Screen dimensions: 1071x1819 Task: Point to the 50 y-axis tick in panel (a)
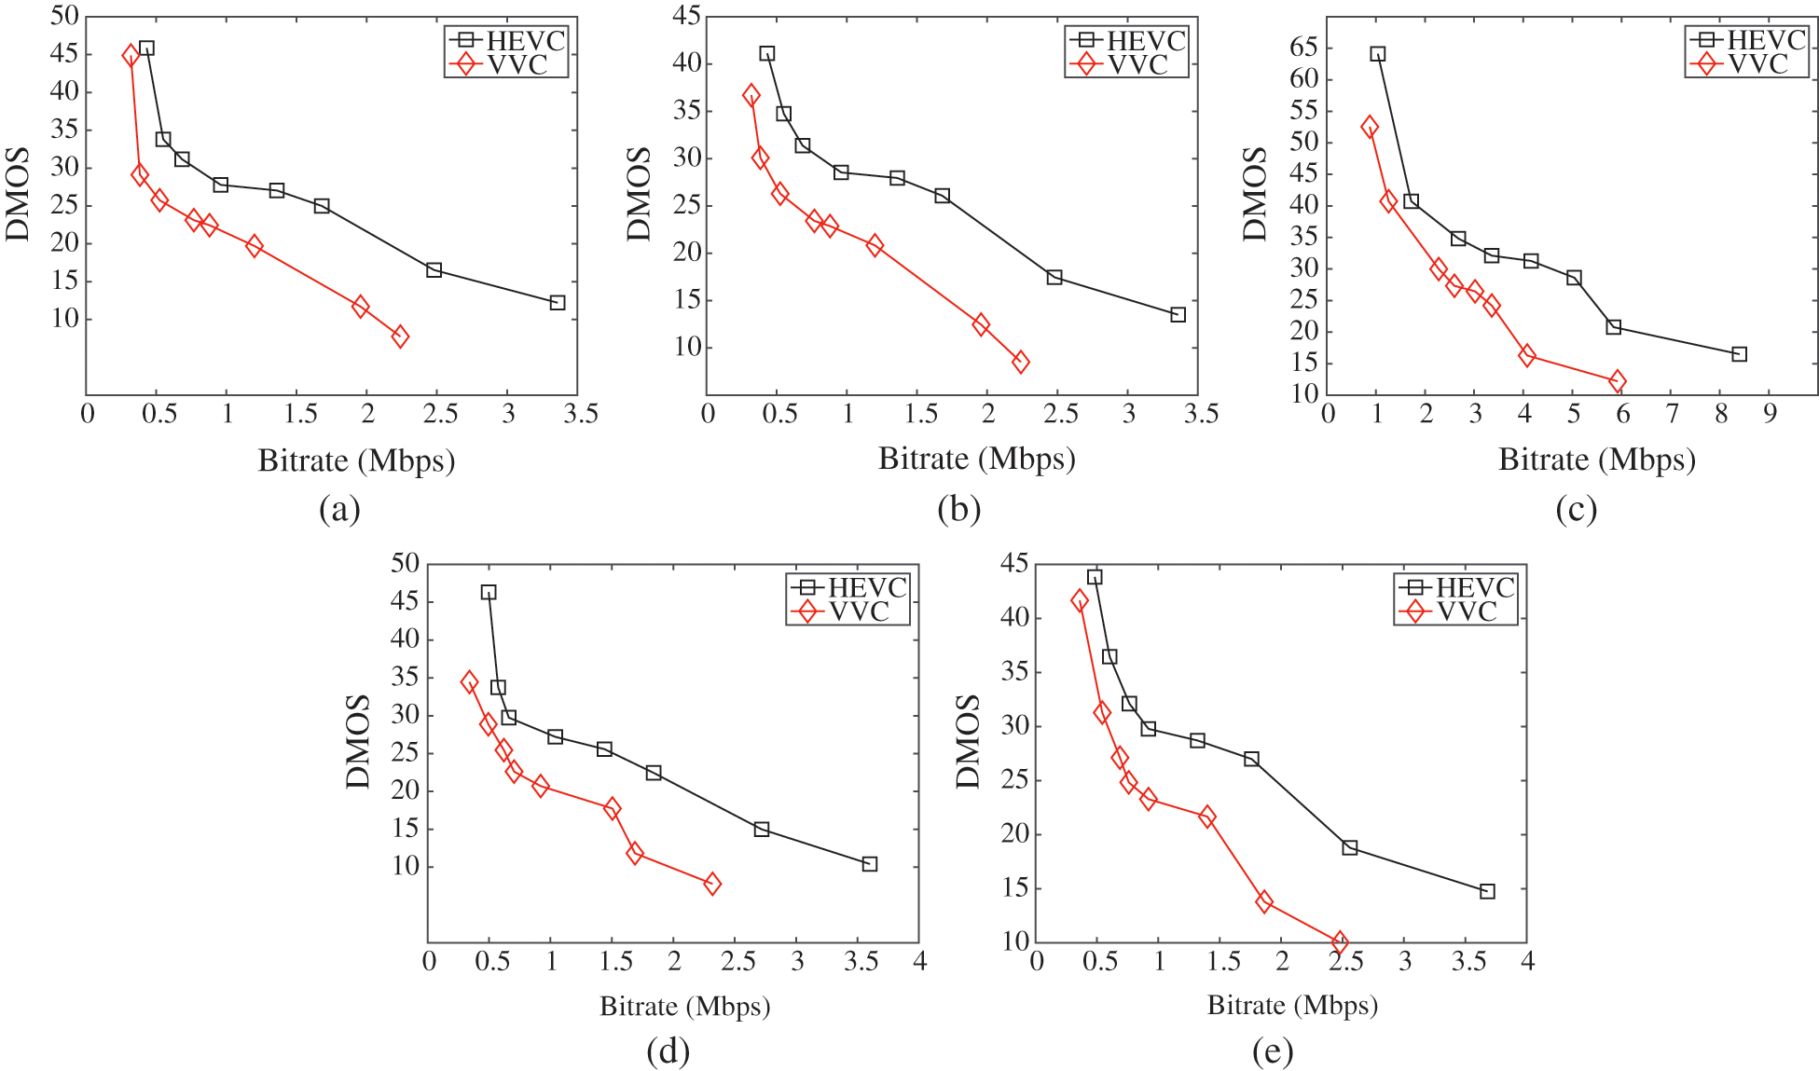[x=64, y=16]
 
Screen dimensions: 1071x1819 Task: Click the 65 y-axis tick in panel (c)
[x=1304, y=48]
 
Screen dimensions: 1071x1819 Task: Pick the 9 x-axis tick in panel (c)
[x=1770, y=413]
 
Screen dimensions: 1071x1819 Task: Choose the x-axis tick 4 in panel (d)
[x=919, y=961]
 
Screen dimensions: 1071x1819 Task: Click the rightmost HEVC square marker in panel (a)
[x=558, y=302]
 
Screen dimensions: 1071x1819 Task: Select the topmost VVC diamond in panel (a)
[x=131, y=55]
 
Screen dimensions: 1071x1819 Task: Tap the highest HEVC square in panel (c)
[x=1377, y=54]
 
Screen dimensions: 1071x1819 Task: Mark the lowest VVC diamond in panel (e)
[x=1340, y=942]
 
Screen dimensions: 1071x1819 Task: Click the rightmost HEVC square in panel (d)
[x=870, y=864]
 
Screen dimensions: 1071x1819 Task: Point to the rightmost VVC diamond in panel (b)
[x=1021, y=363]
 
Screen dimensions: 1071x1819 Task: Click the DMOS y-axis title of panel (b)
[x=639, y=194]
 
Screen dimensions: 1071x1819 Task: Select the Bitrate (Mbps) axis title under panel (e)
[x=1292, y=1006]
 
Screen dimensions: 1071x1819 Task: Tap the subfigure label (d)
[x=668, y=1051]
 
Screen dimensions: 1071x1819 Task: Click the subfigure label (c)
[x=1576, y=509]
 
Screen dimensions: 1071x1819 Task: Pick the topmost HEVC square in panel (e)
[x=1095, y=577]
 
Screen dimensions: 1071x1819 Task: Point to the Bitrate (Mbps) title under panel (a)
[x=356, y=460]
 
